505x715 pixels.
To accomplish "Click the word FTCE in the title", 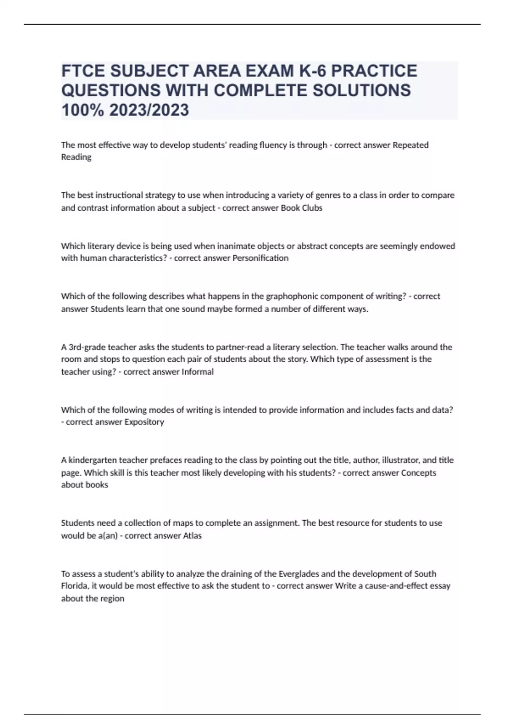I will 83,71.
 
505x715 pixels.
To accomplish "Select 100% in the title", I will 82,110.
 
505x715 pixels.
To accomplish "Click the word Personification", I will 260,258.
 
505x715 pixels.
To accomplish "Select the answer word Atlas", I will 192,535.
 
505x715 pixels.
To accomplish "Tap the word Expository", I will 144,422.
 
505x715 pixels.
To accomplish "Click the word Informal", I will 197,371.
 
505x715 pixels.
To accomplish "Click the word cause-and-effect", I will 406,586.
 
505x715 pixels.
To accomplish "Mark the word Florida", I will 73,586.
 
